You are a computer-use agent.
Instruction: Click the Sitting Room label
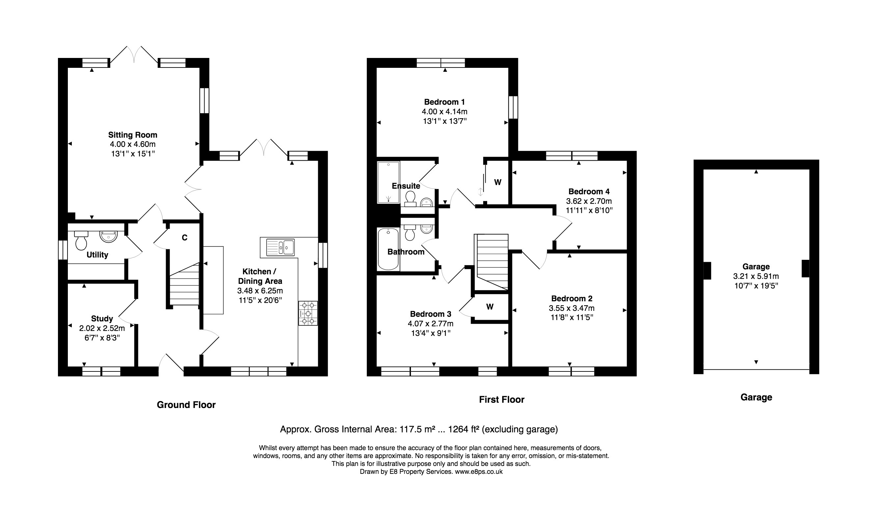[x=133, y=135]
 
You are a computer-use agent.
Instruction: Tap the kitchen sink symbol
[x=280, y=247]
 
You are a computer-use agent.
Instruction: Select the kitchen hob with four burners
[x=308, y=313]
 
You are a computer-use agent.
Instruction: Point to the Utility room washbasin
[x=109, y=236]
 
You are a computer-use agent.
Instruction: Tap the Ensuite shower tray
[x=388, y=182]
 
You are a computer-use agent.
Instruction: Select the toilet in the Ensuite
[x=410, y=199]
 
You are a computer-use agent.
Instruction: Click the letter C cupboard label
[x=184, y=238]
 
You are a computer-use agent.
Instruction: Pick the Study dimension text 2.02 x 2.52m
[x=102, y=328]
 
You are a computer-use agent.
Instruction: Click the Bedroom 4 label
[x=589, y=191]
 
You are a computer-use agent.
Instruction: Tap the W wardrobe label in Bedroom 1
[x=498, y=182]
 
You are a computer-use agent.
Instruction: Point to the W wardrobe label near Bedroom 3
[x=490, y=307]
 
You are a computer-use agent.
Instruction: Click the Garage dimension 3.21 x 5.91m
[x=756, y=276]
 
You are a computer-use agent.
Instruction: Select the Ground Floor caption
[x=186, y=405]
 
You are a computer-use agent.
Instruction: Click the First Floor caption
[x=502, y=399]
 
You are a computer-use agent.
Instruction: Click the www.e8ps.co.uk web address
[x=479, y=472]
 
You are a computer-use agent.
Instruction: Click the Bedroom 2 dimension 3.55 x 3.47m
[x=571, y=308]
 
